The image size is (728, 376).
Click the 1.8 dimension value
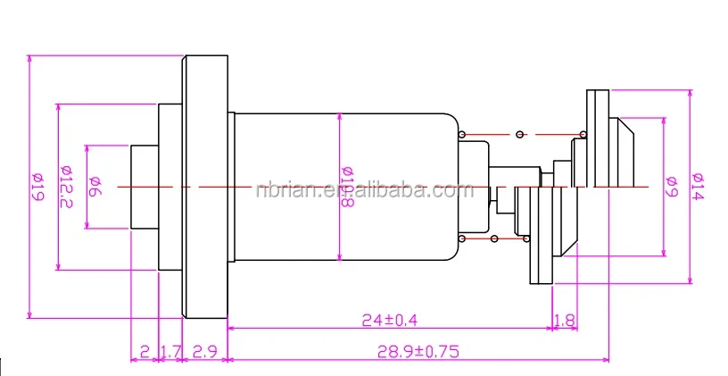pyautogui.click(x=564, y=319)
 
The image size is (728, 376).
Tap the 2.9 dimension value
pyautogui.click(x=205, y=351)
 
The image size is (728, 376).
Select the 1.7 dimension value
pyautogui.click(x=170, y=351)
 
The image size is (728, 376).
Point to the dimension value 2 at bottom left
pyautogui.click(x=145, y=351)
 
